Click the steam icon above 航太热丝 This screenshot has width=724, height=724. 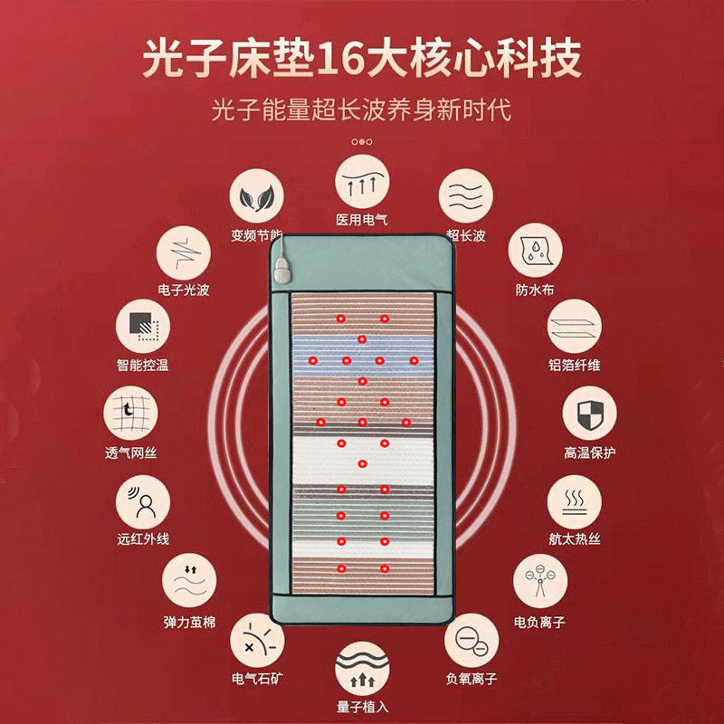pyautogui.click(x=574, y=500)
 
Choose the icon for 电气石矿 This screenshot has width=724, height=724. pyautogui.click(x=257, y=641)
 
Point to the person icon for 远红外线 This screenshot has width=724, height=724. pyautogui.click(x=144, y=502)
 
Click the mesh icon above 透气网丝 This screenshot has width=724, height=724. pyautogui.click(x=131, y=414)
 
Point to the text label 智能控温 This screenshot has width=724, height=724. pyautogui.click(x=143, y=366)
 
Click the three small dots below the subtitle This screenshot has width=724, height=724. pyautogui.click(x=361, y=142)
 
